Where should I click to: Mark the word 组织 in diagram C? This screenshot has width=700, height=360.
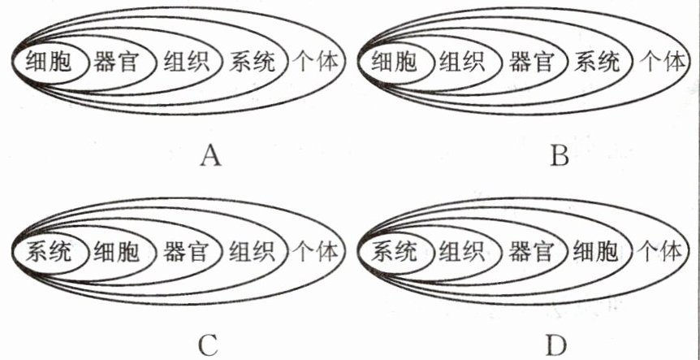click(x=253, y=251)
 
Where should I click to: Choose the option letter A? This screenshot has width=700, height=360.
click(x=210, y=154)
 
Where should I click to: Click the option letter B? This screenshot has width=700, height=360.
click(x=558, y=154)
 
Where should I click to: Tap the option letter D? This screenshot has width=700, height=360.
click(x=555, y=345)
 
